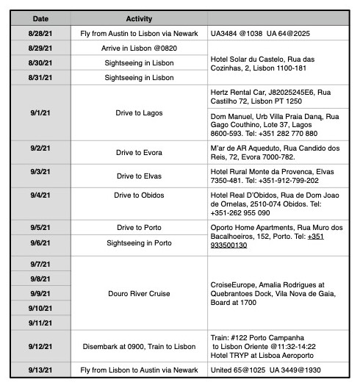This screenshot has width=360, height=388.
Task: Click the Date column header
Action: click(40, 18)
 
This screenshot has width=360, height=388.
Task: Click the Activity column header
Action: click(139, 18)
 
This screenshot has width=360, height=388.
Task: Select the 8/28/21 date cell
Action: click(40, 34)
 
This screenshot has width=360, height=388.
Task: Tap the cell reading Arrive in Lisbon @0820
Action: click(139, 48)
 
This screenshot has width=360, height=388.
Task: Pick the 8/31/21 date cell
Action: click(40, 77)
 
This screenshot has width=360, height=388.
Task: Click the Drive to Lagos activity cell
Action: click(139, 113)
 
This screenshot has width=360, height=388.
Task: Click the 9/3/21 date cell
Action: click(40, 176)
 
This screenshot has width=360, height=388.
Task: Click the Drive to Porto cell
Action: click(139, 228)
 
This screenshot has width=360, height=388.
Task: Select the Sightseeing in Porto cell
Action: click(139, 242)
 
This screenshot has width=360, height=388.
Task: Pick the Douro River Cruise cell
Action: click(139, 292)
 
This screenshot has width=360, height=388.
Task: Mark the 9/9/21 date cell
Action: click(40, 292)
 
